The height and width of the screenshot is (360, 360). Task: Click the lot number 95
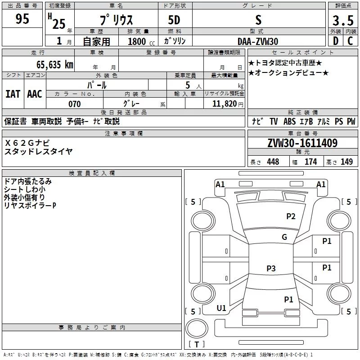pyautogui.click(x=22, y=19)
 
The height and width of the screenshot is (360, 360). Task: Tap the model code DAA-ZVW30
pyautogui.click(x=258, y=41)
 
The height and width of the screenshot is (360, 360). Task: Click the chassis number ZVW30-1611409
pyautogui.click(x=302, y=144)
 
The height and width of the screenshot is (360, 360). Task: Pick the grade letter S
pyautogui.click(x=258, y=20)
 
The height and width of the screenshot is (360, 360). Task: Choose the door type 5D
pyautogui.click(x=174, y=20)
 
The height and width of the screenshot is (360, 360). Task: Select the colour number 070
pyautogui.click(x=74, y=104)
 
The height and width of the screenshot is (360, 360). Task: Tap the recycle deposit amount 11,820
pyautogui.click(x=225, y=104)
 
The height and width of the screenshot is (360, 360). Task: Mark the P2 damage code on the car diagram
pyautogui.click(x=291, y=216)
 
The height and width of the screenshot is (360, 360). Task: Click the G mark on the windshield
pyautogui.click(x=284, y=237)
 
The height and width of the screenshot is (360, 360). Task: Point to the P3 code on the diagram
pyautogui.click(x=271, y=269)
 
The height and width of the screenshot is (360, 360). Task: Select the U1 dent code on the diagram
pyautogui.click(x=221, y=308)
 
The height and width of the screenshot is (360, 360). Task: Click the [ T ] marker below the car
pyautogui.click(x=197, y=344)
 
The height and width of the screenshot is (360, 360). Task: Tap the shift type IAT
pyautogui.click(x=13, y=94)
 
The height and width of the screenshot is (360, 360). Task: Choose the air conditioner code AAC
pyautogui.click(x=34, y=94)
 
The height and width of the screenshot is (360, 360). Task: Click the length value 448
pyautogui.click(x=273, y=162)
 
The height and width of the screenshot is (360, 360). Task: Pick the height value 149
pyautogui.click(x=347, y=162)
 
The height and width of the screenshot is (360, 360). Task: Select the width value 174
pyautogui.click(x=311, y=162)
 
